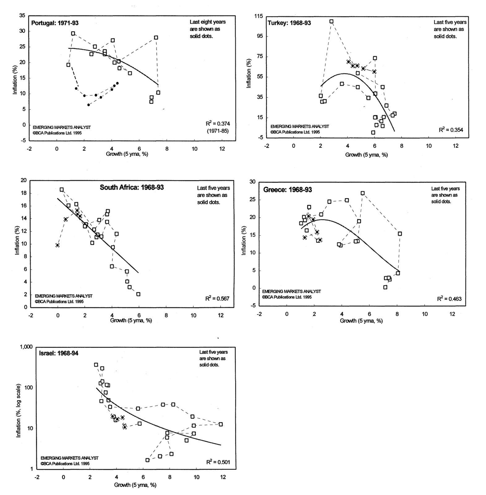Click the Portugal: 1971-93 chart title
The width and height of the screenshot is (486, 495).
(55, 23)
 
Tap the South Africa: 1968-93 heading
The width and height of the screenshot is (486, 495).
(132, 187)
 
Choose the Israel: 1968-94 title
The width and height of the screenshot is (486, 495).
(58, 353)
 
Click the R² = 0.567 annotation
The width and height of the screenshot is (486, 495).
(217, 298)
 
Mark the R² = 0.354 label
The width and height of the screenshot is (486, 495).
(451, 130)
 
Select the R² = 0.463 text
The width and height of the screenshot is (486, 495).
(449, 298)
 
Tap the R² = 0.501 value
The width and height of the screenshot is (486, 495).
(218, 462)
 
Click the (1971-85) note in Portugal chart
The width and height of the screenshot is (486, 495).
(218, 131)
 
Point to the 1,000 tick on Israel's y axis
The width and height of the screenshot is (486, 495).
(26, 347)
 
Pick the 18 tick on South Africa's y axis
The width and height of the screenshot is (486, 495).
(24, 193)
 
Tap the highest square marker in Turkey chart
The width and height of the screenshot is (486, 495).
(331, 22)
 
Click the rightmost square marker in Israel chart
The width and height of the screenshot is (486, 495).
(221, 424)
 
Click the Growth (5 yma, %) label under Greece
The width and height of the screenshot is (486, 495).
(361, 321)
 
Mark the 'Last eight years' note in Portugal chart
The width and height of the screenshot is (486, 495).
(207, 22)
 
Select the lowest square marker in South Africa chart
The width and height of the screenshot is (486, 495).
(138, 294)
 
